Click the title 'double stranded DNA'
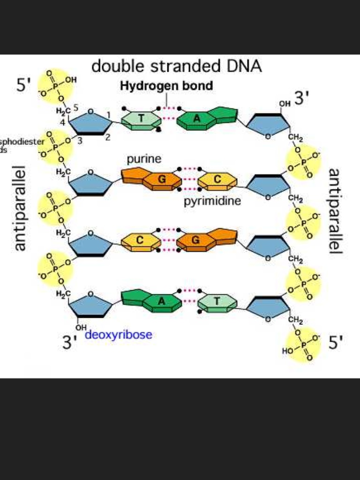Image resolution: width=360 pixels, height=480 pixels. coord(176,67)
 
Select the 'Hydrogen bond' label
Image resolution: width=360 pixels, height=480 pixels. coord(166,86)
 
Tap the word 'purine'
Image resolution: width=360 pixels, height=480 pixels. coord(144,159)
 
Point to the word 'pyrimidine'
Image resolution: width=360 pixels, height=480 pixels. coord(212,202)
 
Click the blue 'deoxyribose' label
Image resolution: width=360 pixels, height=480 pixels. coord(119,335)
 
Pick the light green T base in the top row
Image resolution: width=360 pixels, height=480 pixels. coord(141,120)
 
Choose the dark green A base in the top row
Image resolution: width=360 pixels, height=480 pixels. coord(197,119)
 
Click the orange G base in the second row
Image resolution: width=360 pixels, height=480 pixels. coord(162,180)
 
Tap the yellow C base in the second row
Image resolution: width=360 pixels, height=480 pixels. coord(217,180)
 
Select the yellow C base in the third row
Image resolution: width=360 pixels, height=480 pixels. coord(140,240)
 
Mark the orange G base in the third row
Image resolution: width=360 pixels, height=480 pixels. coord(196,240)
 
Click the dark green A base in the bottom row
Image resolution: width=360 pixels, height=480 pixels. coord(162,301)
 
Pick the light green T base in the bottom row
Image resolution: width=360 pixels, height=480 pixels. coord(217,301)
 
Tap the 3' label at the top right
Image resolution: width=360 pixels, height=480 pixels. coord(301,98)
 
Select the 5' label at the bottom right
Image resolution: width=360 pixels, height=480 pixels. coord(336,343)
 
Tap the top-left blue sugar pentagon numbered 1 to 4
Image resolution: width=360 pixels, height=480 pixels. coord(90,123)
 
